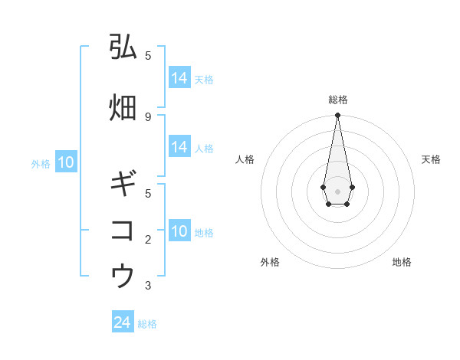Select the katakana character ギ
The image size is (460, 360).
coord(123,185)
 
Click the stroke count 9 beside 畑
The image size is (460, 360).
coord(148,116)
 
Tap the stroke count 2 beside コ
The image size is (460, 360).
coord(148,240)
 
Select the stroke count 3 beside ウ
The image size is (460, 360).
coord(148,286)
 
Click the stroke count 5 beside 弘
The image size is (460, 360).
coord(148,55)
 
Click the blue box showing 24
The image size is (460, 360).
coord(123,323)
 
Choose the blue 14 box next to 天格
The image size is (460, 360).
coord(179,78)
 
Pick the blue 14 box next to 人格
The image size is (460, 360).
coord(179,147)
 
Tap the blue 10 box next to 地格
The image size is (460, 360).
coord(179,231)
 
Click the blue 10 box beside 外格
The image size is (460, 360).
coord(65,162)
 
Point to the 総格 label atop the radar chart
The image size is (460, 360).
coord(337,100)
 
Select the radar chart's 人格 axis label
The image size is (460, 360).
coord(245,159)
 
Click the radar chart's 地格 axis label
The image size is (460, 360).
coord(402,262)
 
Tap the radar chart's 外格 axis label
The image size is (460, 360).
coord(270,262)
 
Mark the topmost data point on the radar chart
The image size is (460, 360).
coord(337,116)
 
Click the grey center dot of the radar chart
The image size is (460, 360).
coord(337,190)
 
